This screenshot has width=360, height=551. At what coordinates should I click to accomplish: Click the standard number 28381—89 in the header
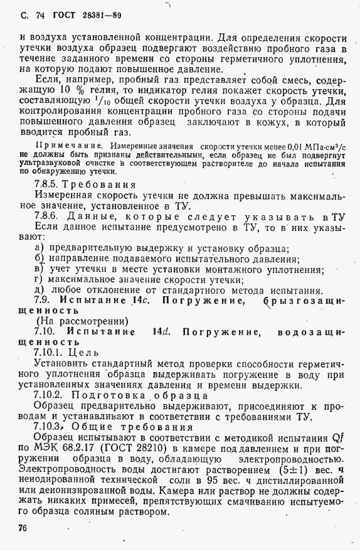(x=95, y=15)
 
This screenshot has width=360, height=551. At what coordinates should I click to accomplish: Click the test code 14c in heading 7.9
(x=139, y=300)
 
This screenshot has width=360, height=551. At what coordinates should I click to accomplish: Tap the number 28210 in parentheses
(x=169, y=448)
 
